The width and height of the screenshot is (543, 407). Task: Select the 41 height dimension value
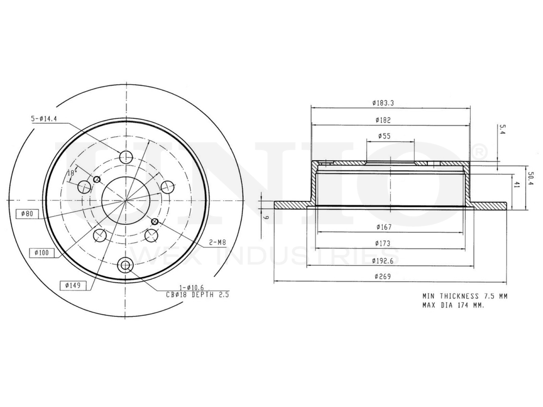(x=517, y=186)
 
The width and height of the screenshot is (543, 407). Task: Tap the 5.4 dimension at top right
(x=502, y=130)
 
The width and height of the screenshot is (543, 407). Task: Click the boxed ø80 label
(x=25, y=213)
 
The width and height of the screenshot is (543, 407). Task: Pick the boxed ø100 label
(x=41, y=252)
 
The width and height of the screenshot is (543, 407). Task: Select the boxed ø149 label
(x=73, y=285)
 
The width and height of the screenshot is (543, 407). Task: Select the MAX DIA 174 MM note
(x=453, y=306)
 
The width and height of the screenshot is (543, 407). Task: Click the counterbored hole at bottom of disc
(x=126, y=265)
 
